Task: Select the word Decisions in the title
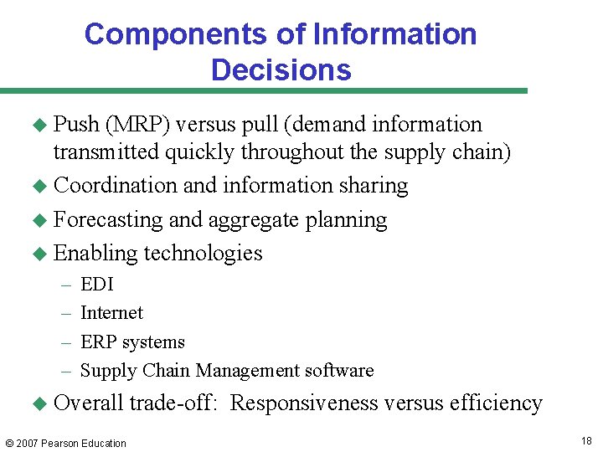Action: coord(281,69)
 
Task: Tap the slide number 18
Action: coord(585,441)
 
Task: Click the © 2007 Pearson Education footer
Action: coord(65,443)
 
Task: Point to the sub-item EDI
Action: coord(96,285)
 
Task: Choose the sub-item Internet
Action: coord(111,313)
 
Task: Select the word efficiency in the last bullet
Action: coord(496,403)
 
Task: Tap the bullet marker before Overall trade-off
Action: coord(39,403)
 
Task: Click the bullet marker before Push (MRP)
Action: coord(39,126)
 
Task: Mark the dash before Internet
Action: coord(66,313)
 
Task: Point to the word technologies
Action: coord(203,253)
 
